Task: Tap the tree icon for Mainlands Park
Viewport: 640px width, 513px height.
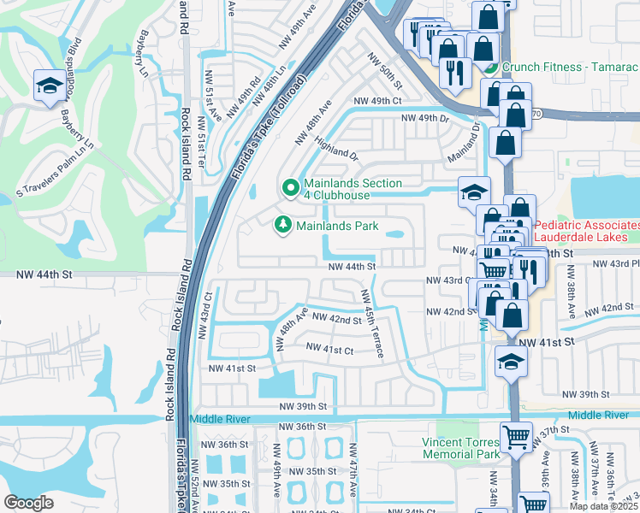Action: click(x=281, y=225)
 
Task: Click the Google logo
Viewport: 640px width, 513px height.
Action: click(x=28, y=503)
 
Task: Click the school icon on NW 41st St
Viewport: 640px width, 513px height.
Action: click(x=512, y=361)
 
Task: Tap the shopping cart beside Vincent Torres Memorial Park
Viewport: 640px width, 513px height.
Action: click(x=517, y=437)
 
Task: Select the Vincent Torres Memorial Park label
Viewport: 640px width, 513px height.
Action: click(x=461, y=448)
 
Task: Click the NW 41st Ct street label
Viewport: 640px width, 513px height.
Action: click(x=329, y=350)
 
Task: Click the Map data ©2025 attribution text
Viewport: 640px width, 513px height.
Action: click(x=602, y=506)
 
